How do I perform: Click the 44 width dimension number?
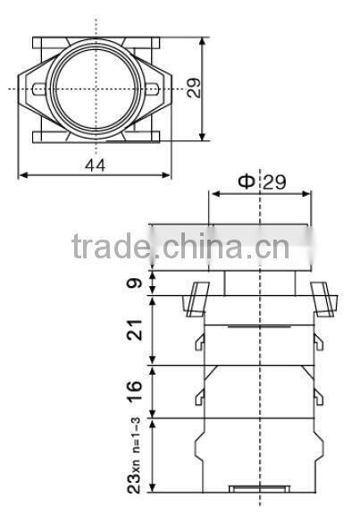pos(95,165)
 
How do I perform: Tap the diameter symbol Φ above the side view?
pos(246,182)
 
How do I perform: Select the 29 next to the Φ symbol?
pos(274,182)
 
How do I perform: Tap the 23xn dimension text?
pos(133,473)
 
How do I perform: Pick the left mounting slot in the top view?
pos(40,89)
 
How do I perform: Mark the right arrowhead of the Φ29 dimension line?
pos(309,192)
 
